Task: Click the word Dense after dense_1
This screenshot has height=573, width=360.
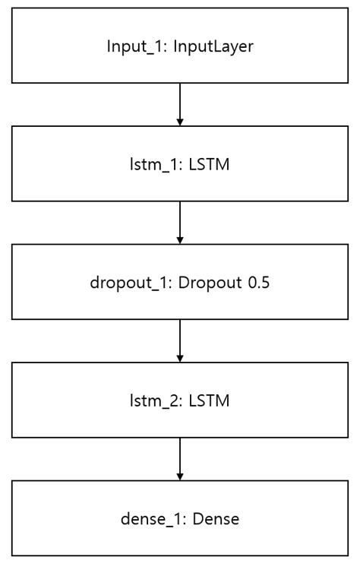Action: [215, 520]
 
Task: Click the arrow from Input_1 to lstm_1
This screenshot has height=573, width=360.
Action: [180, 102]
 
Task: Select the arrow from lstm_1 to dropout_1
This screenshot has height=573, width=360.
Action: [180, 220]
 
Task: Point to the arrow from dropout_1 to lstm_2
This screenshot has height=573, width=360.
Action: [180, 339]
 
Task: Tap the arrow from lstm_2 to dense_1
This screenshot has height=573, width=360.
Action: [180, 457]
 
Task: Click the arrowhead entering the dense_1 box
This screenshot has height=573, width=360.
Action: [180, 477]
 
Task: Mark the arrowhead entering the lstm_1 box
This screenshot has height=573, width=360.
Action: [180, 122]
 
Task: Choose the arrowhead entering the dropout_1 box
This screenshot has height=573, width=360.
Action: [180, 240]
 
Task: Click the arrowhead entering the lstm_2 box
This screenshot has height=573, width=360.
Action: [180, 359]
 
